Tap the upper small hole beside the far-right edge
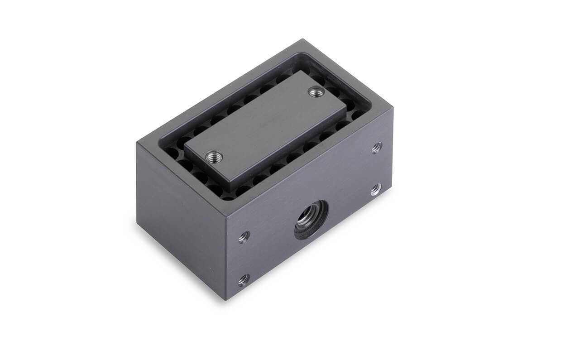point(376,147)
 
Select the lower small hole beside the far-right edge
point(376,189)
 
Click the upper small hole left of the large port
point(244,236)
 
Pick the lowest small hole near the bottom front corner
point(244,279)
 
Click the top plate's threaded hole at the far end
point(316,92)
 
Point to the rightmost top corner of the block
point(392,108)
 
